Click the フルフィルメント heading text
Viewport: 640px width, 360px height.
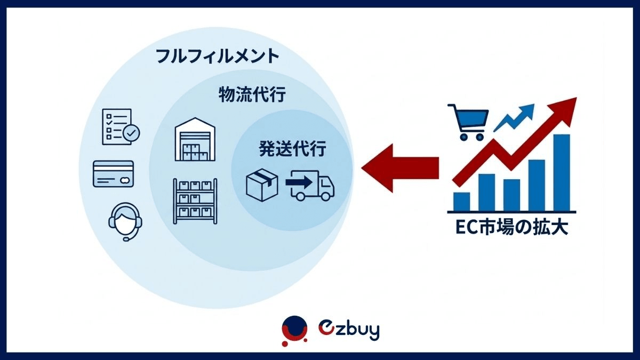[218, 57]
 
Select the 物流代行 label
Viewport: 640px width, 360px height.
[252, 94]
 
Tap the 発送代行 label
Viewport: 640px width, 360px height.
[293, 148]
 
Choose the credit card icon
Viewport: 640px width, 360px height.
[114, 174]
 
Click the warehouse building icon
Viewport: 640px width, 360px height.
[195, 139]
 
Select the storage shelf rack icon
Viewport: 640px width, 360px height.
[195, 201]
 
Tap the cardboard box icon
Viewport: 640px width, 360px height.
[262, 185]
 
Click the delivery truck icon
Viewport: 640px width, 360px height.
[310, 186]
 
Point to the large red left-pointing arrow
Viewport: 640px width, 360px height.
[400, 168]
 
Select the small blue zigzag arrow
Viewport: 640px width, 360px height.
[514, 118]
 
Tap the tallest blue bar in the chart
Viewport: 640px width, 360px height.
[562, 173]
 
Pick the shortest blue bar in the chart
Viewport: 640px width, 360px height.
[462, 202]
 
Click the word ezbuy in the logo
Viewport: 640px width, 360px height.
[349, 330]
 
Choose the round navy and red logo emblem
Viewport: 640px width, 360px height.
[294, 331]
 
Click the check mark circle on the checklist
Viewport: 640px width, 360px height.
[131, 133]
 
